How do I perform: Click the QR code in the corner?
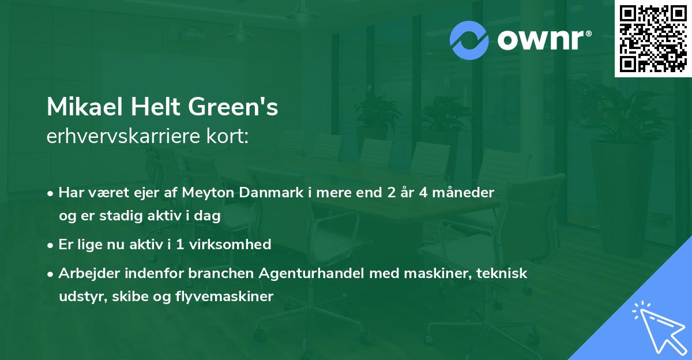[x=653, y=39]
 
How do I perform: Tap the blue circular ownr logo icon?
[x=469, y=40]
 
